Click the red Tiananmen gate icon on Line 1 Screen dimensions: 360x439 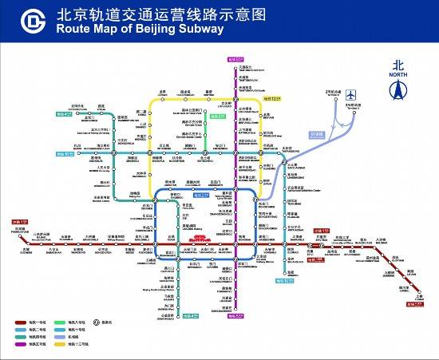201,237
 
